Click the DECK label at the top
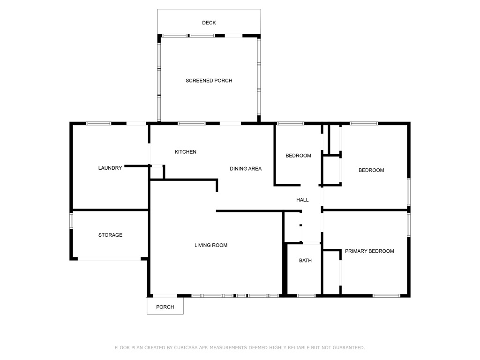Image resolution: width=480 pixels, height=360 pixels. (209, 22)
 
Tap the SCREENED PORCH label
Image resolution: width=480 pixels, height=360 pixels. (209, 81)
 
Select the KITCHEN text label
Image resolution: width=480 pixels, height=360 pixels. (185, 152)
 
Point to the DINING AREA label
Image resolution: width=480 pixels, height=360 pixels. (245, 169)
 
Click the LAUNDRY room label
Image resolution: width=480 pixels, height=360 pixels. (110, 168)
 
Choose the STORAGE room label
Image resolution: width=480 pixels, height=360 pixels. (110, 235)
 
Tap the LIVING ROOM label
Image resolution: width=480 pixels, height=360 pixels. (211, 245)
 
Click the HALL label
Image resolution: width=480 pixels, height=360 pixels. (302, 200)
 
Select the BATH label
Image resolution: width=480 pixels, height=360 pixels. (305, 261)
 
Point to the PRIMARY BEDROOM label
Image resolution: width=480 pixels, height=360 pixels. (369, 251)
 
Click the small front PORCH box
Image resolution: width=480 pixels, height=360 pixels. (165, 307)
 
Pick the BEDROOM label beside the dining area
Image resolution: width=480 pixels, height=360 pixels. (298, 156)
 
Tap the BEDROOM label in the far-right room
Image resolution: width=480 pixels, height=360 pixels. (371, 170)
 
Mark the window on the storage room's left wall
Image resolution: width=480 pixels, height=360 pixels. (72, 221)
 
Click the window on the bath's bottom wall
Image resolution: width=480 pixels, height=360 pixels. (307, 296)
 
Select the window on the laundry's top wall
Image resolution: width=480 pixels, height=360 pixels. (98, 123)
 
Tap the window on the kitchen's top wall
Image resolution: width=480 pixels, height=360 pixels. (191, 123)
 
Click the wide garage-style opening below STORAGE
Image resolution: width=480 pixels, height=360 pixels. (109, 258)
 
